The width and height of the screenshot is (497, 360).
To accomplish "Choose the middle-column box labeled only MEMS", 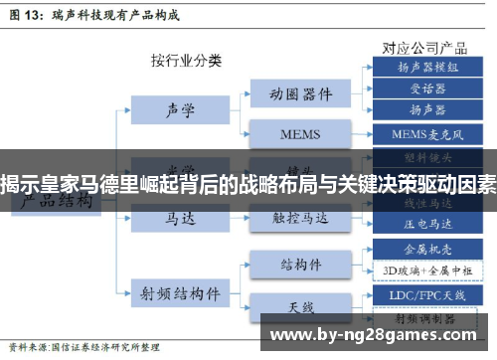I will coord(300,132).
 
